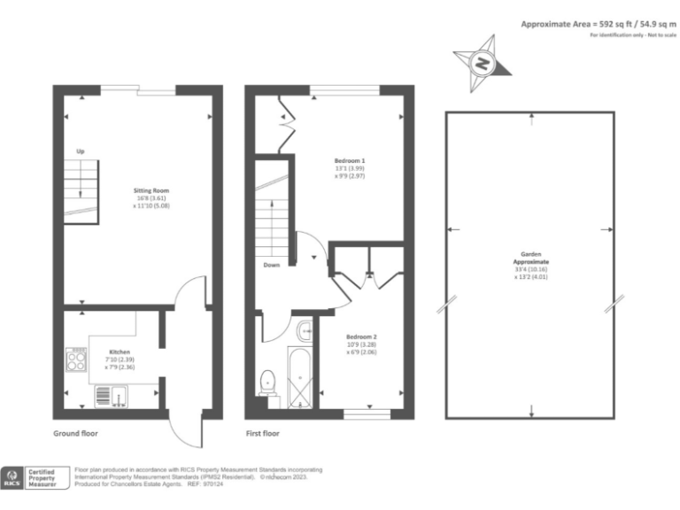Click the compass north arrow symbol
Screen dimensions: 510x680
pos(481,62)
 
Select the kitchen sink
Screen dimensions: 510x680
pos(103,393)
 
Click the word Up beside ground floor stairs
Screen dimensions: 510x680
pos(81,151)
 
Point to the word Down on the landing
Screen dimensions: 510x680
pos(273,265)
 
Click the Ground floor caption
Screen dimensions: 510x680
pos(75,434)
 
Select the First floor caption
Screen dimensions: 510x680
pos(263,434)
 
